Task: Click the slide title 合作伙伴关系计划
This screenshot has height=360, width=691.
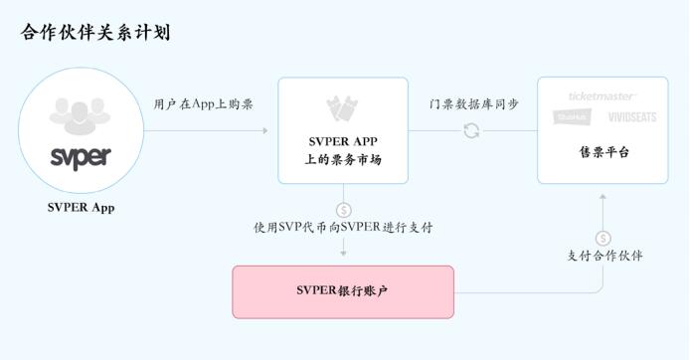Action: point(95,33)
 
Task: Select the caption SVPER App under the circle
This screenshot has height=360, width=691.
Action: point(82,208)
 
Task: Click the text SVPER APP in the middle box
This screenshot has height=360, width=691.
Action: point(343,140)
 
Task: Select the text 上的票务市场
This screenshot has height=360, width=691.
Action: point(343,159)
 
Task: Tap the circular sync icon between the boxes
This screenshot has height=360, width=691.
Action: point(471,130)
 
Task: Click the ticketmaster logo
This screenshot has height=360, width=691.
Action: point(603,96)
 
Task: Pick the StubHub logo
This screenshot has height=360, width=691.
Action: point(572,117)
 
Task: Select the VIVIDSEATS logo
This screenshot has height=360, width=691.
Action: point(625,117)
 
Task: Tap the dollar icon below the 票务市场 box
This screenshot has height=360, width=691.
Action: point(343,210)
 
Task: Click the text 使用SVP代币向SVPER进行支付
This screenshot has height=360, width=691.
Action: point(343,228)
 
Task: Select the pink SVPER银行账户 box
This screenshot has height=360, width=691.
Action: point(343,291)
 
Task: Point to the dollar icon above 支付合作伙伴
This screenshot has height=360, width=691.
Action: point(604,239)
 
